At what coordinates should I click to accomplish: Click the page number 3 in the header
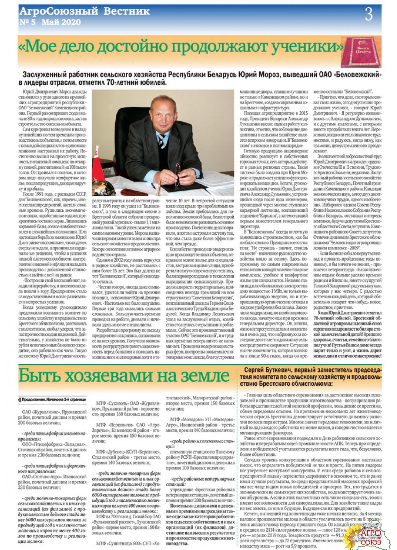369,14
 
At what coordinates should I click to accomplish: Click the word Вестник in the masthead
126,12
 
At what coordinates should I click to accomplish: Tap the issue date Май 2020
61,22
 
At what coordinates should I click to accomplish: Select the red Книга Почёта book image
361,51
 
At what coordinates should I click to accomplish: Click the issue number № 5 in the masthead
28,22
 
